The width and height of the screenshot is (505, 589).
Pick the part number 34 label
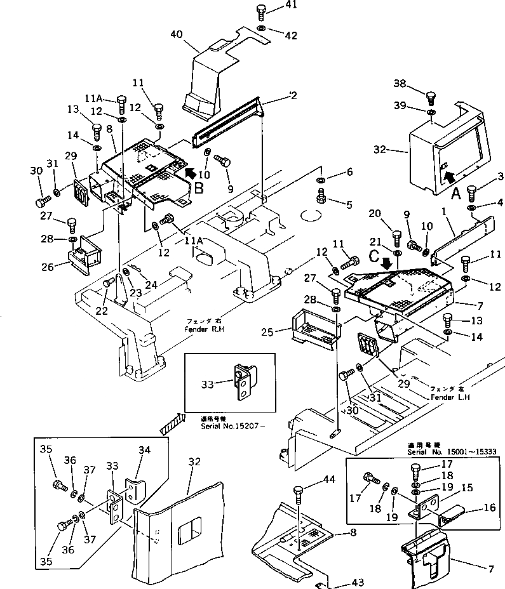(145, 450)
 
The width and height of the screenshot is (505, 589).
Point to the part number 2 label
(293, 95)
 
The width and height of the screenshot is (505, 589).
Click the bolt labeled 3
(472, 190)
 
